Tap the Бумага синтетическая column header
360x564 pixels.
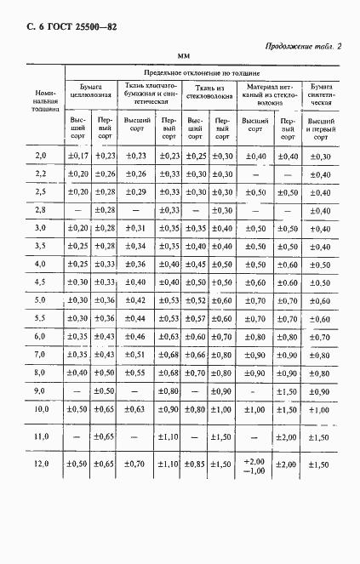320,92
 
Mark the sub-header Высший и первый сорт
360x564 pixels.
320,128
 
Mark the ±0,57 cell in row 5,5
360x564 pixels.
196,318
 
